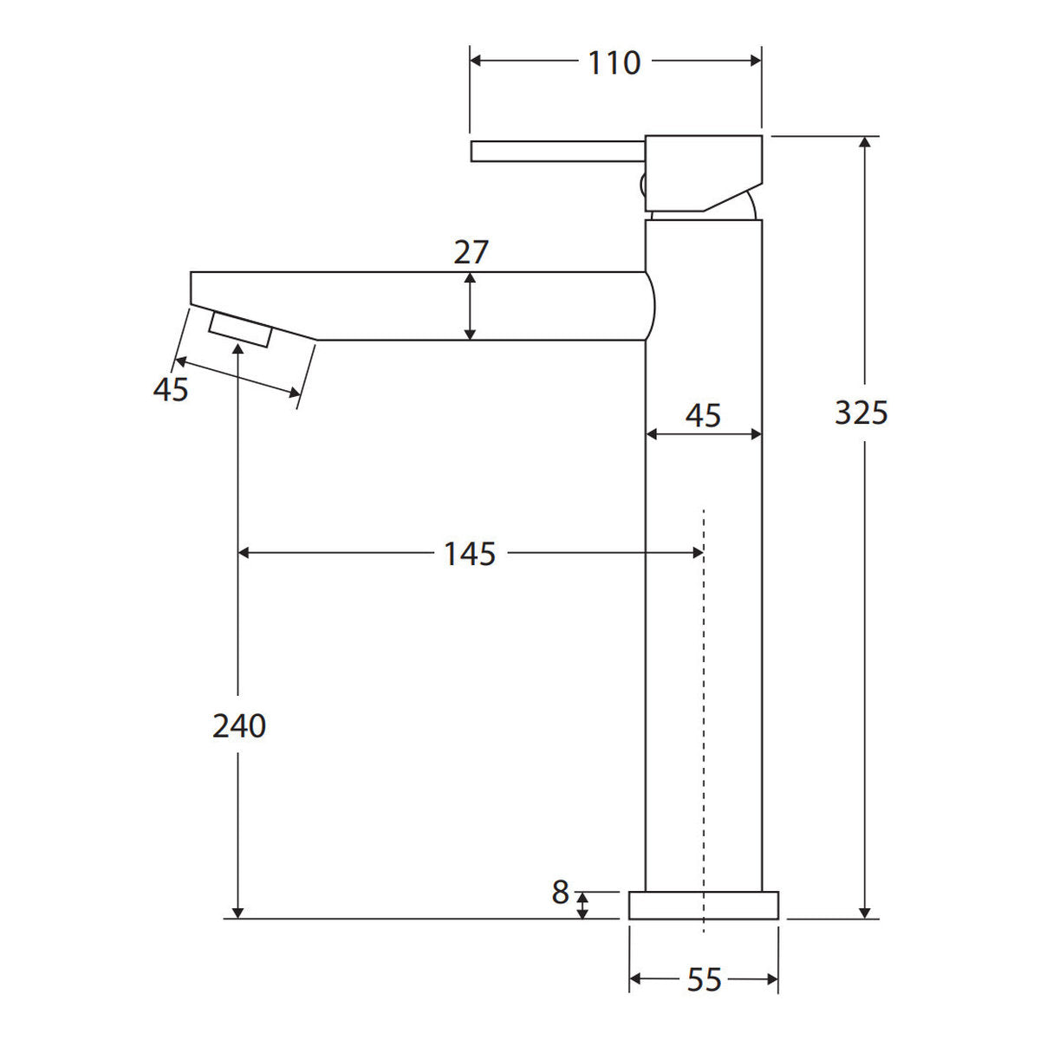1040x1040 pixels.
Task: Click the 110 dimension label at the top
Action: pos(614,62)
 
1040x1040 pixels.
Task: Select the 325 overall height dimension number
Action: pos(861,413)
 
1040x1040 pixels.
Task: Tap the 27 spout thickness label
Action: pos(471,252)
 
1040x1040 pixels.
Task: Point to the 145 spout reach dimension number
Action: pos(470,554)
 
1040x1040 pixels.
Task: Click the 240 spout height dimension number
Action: pos(239,726)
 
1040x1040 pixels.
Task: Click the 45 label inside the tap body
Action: pos(703,416)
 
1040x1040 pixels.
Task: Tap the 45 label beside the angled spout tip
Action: pos(171,389)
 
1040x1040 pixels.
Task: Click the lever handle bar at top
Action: pos(558,151)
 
